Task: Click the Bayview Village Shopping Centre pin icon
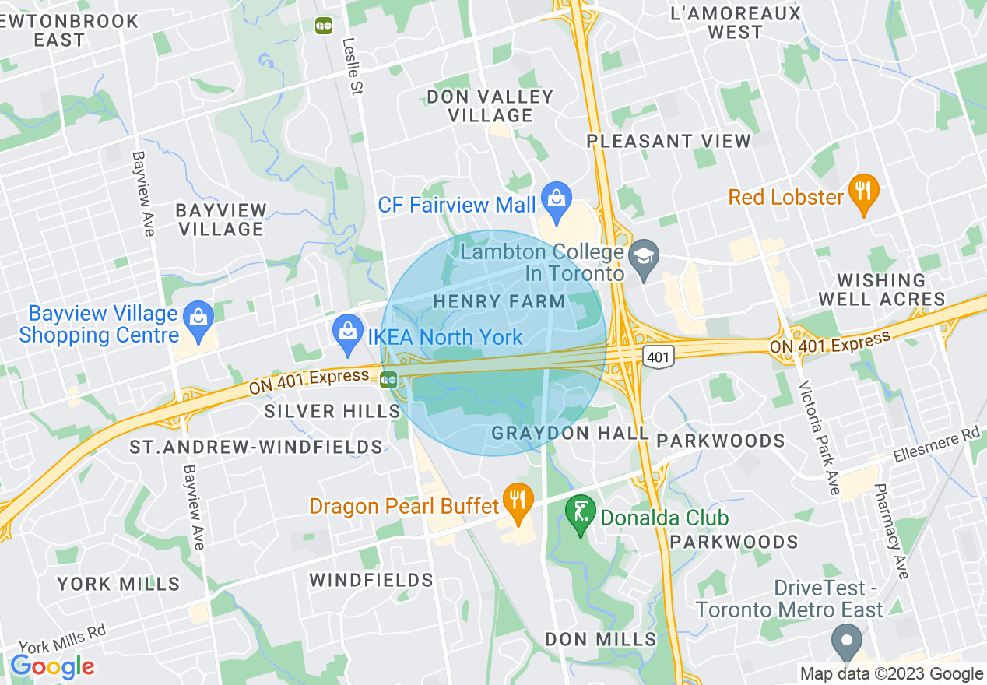click(199, 319)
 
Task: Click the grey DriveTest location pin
click(845, 643)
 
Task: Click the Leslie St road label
click(352, 67)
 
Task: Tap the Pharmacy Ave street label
click(891, 532)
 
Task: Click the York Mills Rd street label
click(61, 638)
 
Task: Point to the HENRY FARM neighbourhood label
click(499, 301)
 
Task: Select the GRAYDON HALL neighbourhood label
click(570, 433)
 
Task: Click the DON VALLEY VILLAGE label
click(490, 106)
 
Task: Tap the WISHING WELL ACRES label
click(890, 289)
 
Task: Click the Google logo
click(52, 666)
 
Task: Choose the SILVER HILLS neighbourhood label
click(332, 411)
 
